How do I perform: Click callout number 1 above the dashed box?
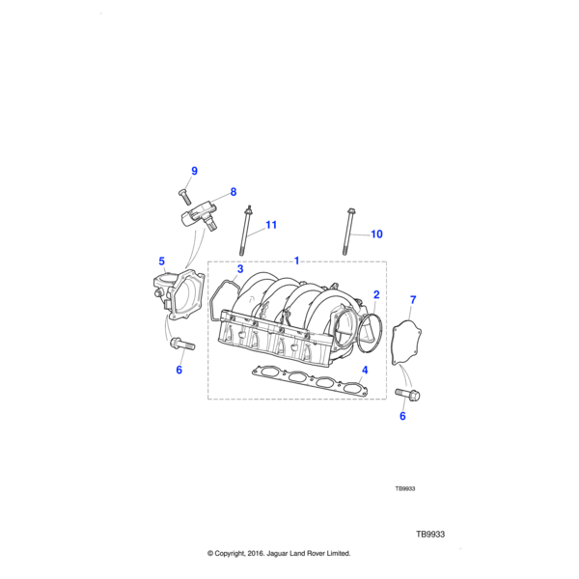coord(297,260)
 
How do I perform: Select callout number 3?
coord(240,269)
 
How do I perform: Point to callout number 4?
coord(364,370)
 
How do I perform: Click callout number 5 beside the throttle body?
coord(162,261)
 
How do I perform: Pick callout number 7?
coord(413,300)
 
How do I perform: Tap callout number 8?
coord(233,192)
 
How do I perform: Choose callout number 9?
coord(193,171)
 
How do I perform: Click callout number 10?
coord(376,234)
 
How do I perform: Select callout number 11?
coord(271,225)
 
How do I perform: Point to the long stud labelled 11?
coord(252,232)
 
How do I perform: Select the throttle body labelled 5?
coord(178,294)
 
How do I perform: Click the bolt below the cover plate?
coord(407,394)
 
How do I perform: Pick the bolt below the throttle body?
coord(180,343)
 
